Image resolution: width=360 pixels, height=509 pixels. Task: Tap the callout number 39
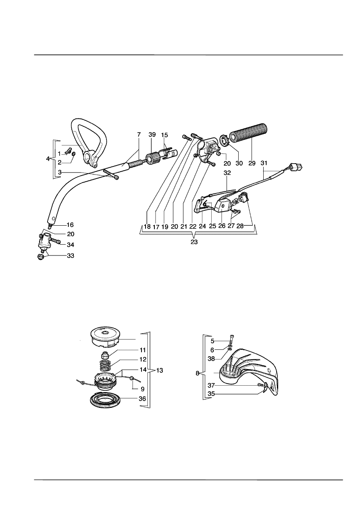[152, 135]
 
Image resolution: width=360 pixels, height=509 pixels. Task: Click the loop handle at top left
[88, 141]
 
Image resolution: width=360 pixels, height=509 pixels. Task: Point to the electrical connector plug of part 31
[296, 168]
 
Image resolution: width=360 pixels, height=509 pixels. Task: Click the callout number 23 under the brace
[194, 242]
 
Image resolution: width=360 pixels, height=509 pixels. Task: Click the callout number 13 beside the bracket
[160, 370]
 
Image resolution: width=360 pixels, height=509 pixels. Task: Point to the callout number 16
[70, 225]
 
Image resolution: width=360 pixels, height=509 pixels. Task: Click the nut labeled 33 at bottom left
[40, 257]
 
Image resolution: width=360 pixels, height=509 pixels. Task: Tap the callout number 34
[71, 245]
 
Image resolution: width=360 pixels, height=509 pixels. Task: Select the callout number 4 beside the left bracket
[48, 159]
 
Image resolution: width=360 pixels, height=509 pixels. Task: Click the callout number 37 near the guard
[211, 385]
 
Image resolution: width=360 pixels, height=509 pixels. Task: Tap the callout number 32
[227, 173]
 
